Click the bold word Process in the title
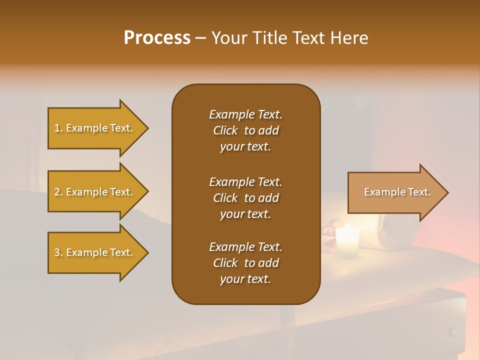[157, 38]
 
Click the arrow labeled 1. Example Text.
[95, 128]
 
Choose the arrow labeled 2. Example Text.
[95, 192]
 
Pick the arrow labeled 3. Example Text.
[95, 252]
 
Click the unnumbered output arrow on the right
[395, 192]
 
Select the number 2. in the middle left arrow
[58, 192]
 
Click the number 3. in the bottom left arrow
[58, 252]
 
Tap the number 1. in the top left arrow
[58, 128]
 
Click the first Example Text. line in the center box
[245, 114]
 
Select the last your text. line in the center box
[245, 279]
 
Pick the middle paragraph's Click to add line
[245, 198]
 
